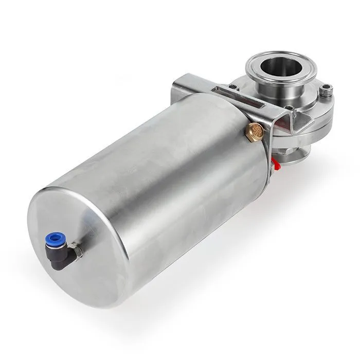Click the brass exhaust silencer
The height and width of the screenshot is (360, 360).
pos(256,131)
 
